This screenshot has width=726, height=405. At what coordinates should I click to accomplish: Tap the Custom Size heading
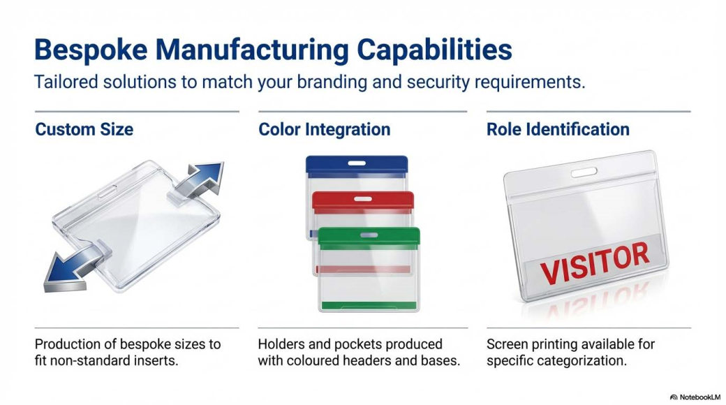point(84,129)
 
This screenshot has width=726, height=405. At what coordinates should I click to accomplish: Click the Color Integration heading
point(324,130)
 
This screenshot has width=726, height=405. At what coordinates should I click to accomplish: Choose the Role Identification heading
point(558,129)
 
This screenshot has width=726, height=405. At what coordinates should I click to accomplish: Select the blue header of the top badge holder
point(357,164)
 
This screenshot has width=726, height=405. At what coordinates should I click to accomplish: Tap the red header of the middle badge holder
point(363,200)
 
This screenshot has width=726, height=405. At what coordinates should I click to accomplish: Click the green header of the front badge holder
point(369,236)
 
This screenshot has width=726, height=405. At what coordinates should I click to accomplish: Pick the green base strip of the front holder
point(369,306)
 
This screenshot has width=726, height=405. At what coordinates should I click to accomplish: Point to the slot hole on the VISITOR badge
point(584,172)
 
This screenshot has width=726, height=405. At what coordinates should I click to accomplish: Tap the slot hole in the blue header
point(357,163)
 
